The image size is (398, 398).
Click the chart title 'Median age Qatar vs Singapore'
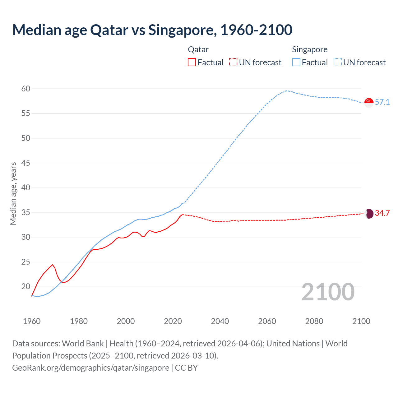(x=152, y=30)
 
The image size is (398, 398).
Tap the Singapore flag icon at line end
(x=369, y=102)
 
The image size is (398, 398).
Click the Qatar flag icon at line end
(x=369, y=214)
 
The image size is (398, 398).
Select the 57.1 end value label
(x=382, y=102)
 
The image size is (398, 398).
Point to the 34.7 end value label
(x=382, y=213)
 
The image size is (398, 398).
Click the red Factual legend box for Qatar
(x=192, y=62)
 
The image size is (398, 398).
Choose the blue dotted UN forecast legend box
(x=338, y=62)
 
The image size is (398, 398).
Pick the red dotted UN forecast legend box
(x=233, y=62)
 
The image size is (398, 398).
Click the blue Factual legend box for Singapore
(x=296, y=62)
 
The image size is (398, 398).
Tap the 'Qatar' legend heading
(x=198, y=50)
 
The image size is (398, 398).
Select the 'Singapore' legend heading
(x=310, y=50)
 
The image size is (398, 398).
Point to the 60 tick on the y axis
(x=26, y=89)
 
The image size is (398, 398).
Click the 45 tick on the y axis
(x=26, y=163)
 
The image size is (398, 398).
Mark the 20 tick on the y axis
(x=26, y=286)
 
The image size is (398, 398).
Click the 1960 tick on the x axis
(x=32, y=321)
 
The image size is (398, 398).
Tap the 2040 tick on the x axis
(x=220, y=321)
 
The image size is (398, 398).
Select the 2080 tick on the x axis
(x=314, y=321)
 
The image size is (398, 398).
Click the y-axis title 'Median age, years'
(x=13, y=193)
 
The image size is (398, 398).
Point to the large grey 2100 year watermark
(x=328, y=292)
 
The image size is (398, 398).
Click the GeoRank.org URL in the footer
(x=90, y=368)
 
